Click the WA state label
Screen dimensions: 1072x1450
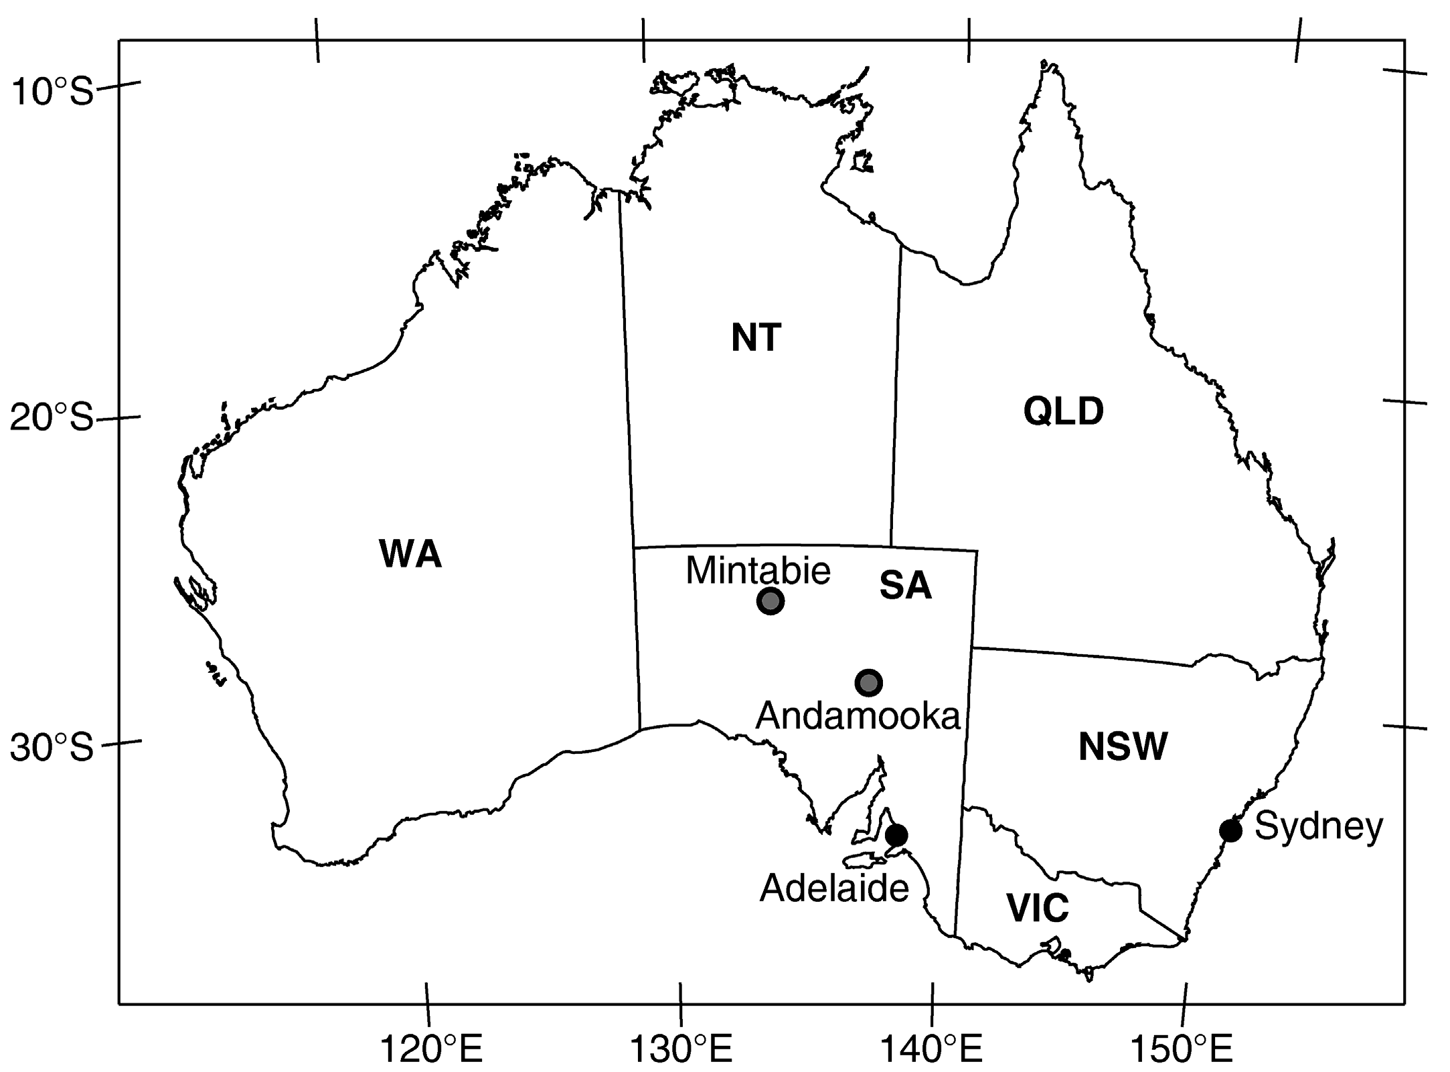(410, 554)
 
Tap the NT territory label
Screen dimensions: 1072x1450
(756, 337)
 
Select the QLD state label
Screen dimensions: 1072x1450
(1063, 411)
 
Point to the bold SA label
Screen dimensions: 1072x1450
(905, 586)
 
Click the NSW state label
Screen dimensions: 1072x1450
(1123, 747)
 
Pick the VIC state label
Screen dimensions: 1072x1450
(1038, 908)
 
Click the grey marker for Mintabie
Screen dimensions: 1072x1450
(771, 601)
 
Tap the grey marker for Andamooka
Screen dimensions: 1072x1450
(868, 682)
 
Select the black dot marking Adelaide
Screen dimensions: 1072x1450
(896, 835)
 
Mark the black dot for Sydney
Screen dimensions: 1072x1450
(1230, 830)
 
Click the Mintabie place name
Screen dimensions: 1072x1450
(758, 570)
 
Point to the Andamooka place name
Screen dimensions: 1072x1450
(858, 716)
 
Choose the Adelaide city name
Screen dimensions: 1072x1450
(834, 889)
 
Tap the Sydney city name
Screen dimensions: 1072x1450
(1318, 826)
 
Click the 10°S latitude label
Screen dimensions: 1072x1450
(52, 92)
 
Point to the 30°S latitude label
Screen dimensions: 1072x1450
(52, 747)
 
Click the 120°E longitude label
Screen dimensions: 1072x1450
(431, 1050)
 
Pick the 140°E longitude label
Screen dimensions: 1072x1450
(931, 1050)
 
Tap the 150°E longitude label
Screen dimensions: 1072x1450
(1181, 1050)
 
